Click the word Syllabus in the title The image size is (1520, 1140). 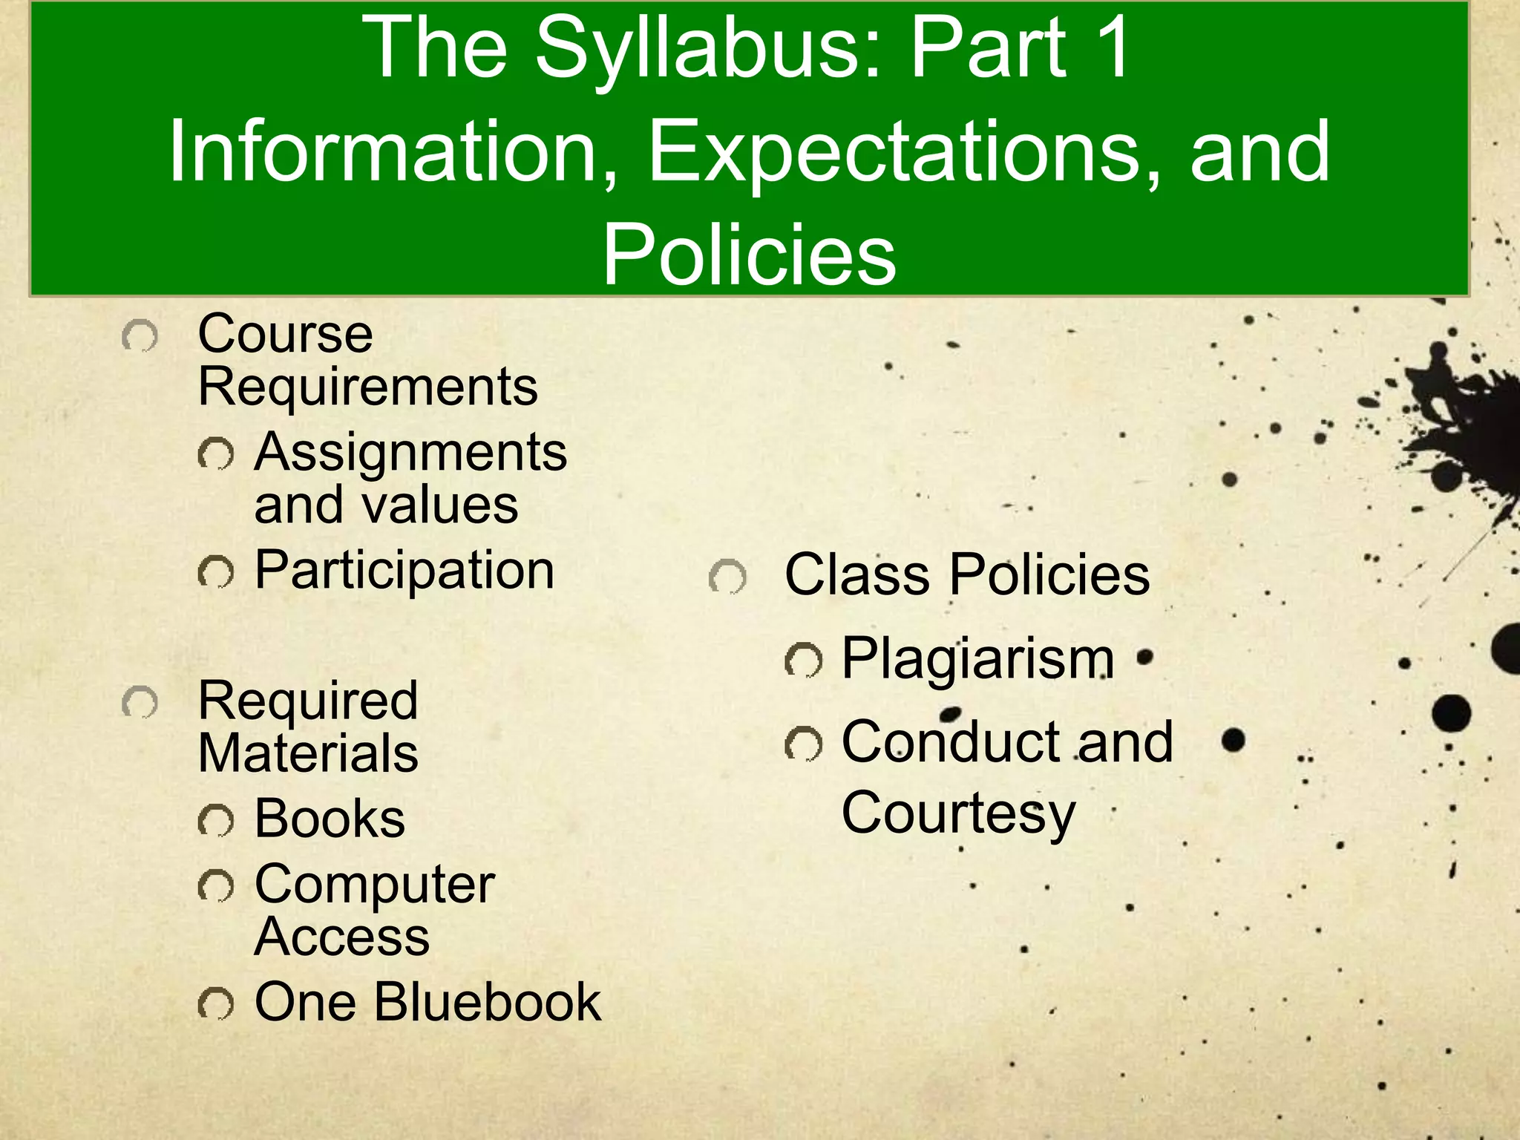coord(709,50)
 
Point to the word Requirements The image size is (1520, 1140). coord(367,387)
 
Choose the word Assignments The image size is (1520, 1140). coord(410,453)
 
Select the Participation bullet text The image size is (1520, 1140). coord(404,571)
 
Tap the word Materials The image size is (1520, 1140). coord(308,753)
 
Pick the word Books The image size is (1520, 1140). coord(330,819)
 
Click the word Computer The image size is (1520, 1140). coord(374,885)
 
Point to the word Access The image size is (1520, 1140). coord(341,937)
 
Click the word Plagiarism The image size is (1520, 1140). coord(977,659)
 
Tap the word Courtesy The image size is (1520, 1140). coord(958,813)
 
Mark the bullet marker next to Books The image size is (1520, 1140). coord(216,820)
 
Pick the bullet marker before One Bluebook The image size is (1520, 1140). coord(216,1004)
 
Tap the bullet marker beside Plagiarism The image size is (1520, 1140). coord(804,661)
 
